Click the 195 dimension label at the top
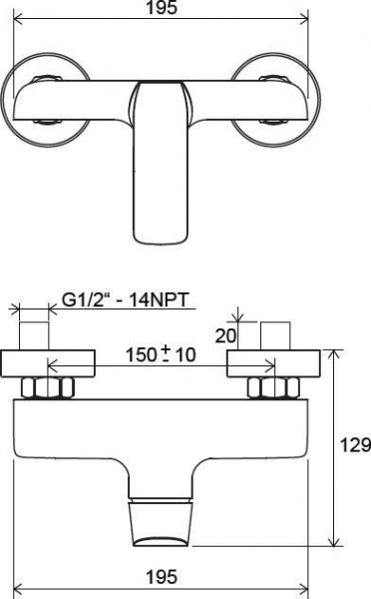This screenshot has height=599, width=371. tap(162, 8)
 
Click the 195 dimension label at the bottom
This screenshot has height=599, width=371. tap(162, 576)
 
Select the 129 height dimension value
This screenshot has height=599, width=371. tap(355, 445)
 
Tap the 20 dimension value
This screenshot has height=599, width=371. tap(225, 335)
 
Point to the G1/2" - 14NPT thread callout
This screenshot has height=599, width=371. tap(126, 300)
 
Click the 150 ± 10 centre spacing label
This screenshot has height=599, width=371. tap(161, 354)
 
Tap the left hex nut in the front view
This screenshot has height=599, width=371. tap(47, 387)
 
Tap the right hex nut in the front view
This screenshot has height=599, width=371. tap(273, 387)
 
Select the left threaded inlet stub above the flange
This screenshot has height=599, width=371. tap(34, 335)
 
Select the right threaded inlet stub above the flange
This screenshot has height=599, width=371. tap(275, 335)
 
